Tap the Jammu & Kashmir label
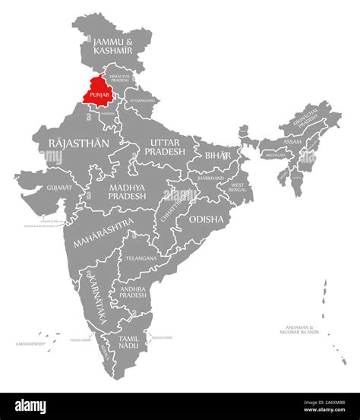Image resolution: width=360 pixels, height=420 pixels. tap(112, 43)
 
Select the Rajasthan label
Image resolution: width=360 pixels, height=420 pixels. tap(78, 142)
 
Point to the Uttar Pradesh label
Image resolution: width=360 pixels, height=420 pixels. tap(166, 147)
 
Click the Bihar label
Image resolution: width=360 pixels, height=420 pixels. tap(217, 154)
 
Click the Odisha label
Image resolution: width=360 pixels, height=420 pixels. tap(206, 219)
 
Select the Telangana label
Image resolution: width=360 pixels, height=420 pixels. tap(141, 258)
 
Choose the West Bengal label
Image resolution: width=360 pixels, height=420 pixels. tap(238, 186)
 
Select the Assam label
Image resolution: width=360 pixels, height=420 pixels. tap(292, 141)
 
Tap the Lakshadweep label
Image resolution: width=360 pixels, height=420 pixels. tap(31, 343)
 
